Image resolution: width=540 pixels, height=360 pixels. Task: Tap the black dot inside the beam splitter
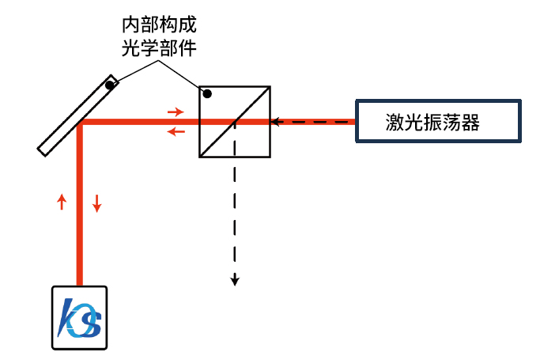click(207, 95)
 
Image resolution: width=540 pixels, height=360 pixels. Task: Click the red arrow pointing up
click(62, 202)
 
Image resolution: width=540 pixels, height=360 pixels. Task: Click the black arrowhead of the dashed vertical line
click(235, 279)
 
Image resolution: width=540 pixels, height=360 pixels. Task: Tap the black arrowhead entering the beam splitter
click(276, 123)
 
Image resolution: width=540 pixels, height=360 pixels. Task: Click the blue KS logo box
click(79, 316)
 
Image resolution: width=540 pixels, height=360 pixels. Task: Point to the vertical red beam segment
click(80, 229)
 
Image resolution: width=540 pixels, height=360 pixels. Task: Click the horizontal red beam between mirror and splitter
click(142, 123)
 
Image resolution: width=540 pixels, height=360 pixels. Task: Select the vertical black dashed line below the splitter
click(235, 222)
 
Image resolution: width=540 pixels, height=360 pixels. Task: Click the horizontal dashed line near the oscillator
click(316, 123)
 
